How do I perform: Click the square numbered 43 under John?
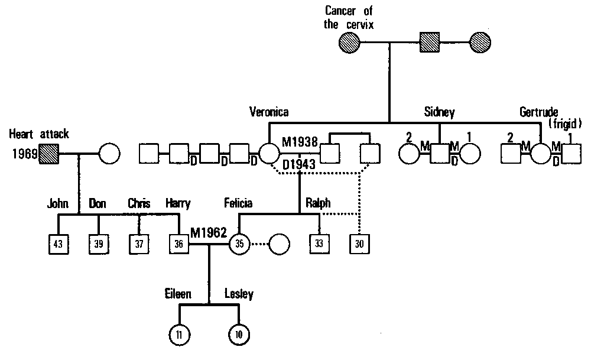click(58, 243)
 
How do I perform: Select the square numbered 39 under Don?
click(98, 243)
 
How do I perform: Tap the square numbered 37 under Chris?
click(139, 243)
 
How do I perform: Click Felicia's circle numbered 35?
click(239, 243)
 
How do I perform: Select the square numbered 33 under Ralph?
click(319, 243)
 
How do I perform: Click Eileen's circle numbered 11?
click(179, 335)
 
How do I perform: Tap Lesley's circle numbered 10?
click(239, 335)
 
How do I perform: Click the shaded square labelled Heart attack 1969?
click(49, 154)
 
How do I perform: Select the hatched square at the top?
click(430, 43)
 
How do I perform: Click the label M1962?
click(209, 232)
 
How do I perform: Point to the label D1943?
click(299, 164)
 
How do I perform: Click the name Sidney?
click(439, 112)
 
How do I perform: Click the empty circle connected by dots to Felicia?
click(280, 243)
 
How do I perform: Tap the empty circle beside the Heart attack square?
click(109, 154)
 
